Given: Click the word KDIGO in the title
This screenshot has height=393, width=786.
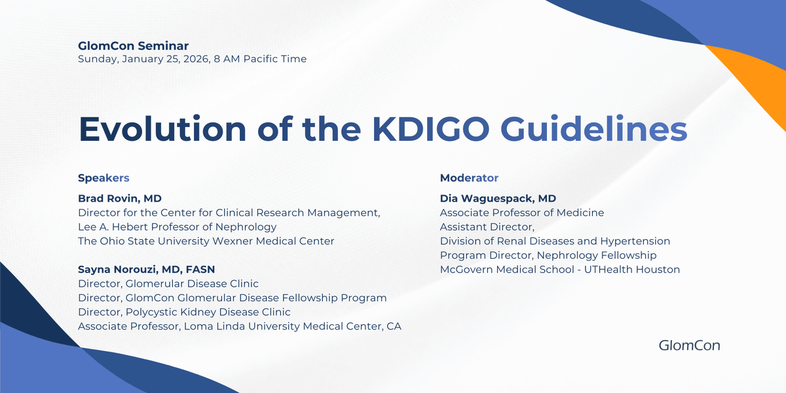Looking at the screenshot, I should coord(431,128).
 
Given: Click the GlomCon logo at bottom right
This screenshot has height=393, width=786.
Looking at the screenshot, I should coord(689,345).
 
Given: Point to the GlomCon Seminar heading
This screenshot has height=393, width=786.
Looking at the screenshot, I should coord(133,46).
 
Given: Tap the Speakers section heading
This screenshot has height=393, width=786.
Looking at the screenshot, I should coord(103,178).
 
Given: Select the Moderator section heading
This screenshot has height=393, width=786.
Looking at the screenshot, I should coord(469,178).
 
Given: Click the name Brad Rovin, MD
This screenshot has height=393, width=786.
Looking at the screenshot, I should coord(119,198).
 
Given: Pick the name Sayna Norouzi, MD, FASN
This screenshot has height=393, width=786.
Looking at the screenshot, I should coord(146,269).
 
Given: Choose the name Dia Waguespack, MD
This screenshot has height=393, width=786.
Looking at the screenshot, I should coord(498,198).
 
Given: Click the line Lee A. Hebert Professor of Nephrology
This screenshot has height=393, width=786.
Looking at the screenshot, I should coord(177,227).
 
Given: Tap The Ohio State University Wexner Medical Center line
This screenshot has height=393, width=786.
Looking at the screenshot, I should coord(206,241).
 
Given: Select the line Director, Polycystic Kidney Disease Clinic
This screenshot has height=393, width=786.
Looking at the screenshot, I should coord(184,312).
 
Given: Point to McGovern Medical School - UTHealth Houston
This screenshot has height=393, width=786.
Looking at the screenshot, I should coord(559,269).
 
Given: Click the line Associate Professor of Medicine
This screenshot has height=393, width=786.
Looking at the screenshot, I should coord(521,213).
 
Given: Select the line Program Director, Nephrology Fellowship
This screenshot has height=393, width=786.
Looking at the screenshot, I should coord(548,255).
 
